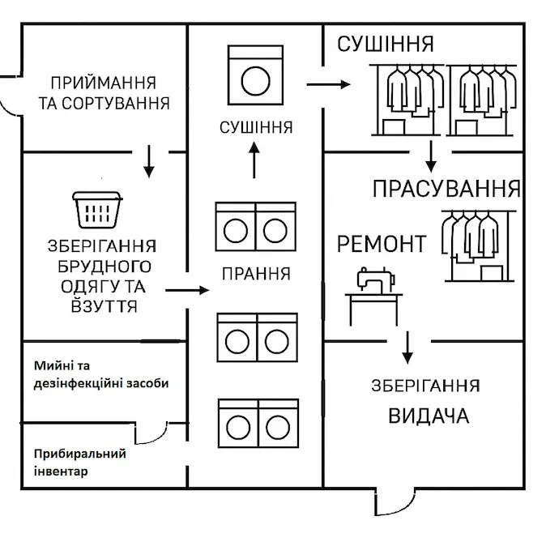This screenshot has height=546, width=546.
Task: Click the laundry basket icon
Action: [96, 210]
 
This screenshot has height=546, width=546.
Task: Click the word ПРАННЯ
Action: [256, 274]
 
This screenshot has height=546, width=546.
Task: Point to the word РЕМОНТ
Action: [381, 244]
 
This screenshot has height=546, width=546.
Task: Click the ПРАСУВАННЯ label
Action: [446, 190]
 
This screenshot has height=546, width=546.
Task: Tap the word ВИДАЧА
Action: [429, 416]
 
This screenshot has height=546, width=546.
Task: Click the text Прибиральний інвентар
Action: [79, 462]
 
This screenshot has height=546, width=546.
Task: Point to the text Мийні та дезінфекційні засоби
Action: [101, 375]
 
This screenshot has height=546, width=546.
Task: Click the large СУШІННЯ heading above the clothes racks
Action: [386, 44]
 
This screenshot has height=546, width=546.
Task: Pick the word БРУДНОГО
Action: [105, 266]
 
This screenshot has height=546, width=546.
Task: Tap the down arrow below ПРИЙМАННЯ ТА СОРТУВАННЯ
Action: [148, 161]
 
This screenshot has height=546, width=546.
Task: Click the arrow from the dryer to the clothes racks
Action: [328, 83]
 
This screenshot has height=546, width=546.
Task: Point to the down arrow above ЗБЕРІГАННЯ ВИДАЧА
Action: [407, 347]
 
